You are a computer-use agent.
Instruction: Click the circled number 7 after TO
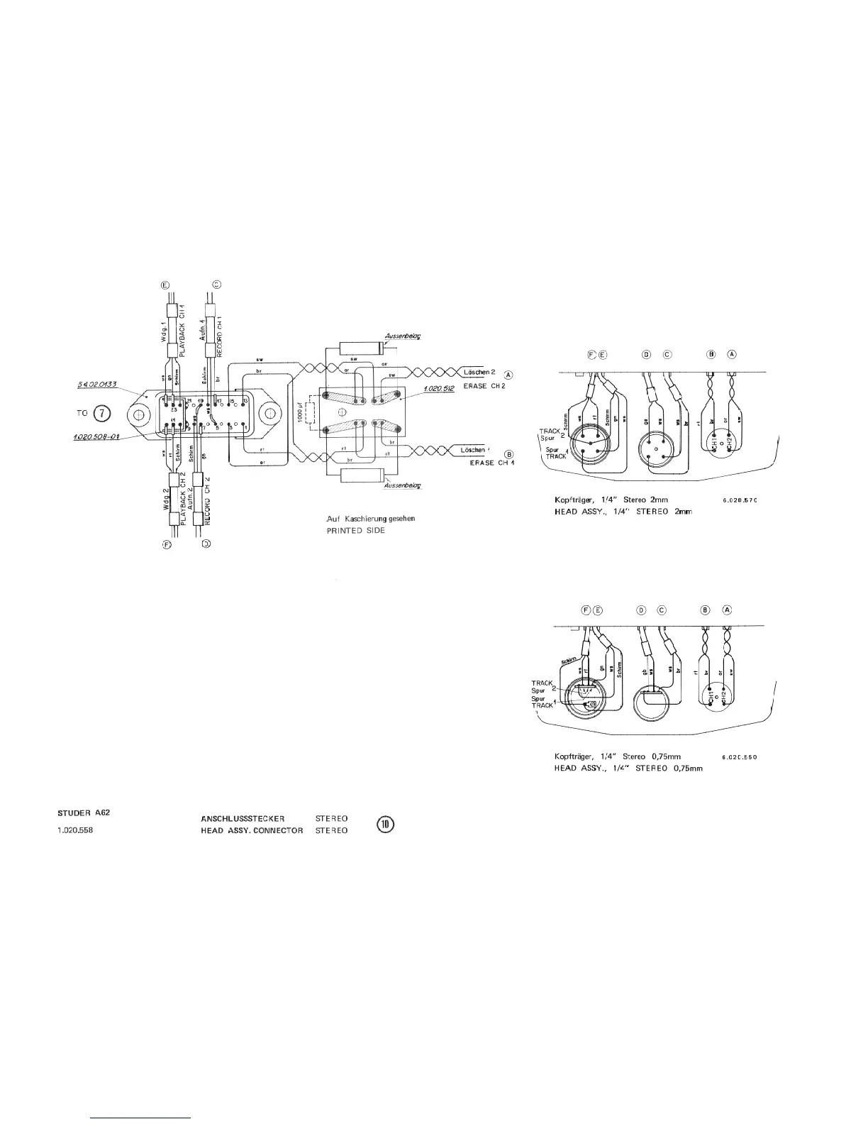coord(103,414)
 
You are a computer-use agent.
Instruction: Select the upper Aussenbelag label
coord(401,336)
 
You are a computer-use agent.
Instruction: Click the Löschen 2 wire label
coord(479,372)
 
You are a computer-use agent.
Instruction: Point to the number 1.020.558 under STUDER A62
coord(75,830)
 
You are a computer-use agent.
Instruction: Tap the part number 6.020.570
coord(740,501)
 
